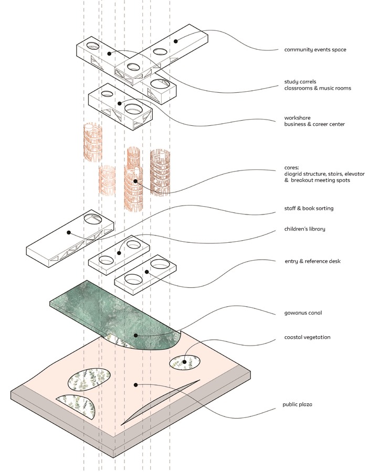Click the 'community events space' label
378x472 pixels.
(x=315, y=50)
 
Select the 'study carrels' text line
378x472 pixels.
(x=300, y=82)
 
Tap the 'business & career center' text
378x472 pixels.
(x=314, y=124)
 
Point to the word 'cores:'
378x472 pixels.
(x=291, y=168)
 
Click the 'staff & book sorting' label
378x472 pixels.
(x=309, y=208)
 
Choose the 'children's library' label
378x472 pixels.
(x=304, y=229)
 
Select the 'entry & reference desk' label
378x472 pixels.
(x=312, y=261)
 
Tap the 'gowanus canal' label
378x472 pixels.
(x=303, y=313)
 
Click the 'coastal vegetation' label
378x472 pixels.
(x=307, y=337)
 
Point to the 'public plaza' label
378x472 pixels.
(x=297, y=404)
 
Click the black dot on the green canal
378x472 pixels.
(x=135, y=335)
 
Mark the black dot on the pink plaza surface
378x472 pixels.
(x=135, y=385)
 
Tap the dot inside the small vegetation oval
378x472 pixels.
(x=184, y=361)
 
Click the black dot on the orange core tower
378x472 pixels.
(x=135, y=181)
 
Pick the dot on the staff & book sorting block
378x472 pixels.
(x=69, y=233)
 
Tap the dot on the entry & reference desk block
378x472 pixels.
(x=147, y=272)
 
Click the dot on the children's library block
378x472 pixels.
(x=119, y=253)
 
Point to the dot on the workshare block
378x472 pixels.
(x=119, y=103)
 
